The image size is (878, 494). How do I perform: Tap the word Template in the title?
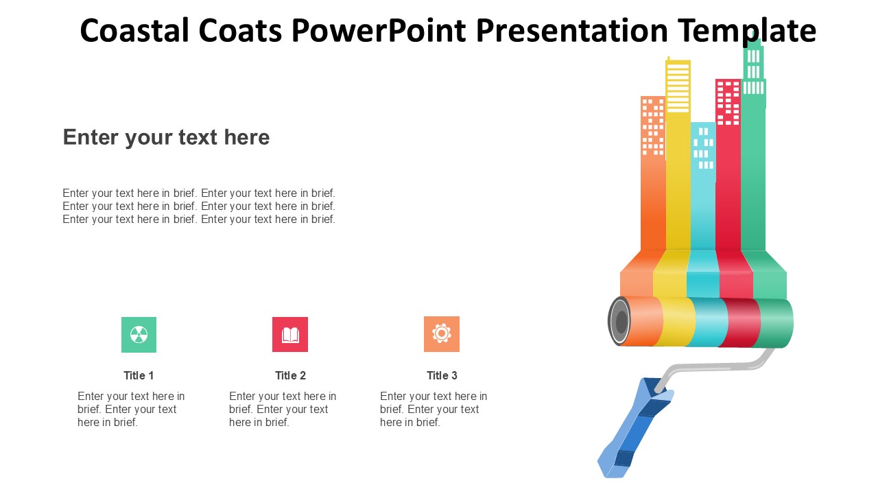click(x=747, y=31)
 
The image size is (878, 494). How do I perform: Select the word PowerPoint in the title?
click(x=379, y=30)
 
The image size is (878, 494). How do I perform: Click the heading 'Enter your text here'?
click(x=166, y=137)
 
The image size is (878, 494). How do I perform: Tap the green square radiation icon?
click(x=139, y=334)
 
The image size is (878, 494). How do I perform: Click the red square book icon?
click(x=290, y=334)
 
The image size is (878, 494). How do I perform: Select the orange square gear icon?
click(x=442, y=334)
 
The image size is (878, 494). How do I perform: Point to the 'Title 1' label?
click(x=139, y=375)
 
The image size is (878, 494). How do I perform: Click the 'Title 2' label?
click(x=290, y=375)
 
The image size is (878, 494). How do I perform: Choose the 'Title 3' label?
click(x=442, y=375)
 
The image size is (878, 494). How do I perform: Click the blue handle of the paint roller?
click(x=635, y=427)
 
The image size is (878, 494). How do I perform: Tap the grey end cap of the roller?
click(x=619, y=322)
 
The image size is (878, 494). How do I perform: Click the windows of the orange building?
click(x=652, y=126)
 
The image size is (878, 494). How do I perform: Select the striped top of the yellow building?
click(x=678, y=87)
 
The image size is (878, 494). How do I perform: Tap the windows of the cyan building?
click(x=703, y=148)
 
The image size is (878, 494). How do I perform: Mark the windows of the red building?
click(x=728, y=103)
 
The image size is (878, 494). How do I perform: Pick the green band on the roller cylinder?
click(x=774, y=323)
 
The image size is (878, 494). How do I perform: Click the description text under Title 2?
click(x=282, y=410)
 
